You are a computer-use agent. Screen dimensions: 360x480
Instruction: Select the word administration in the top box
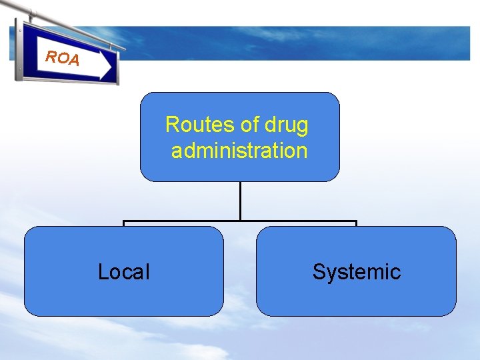coord(239,151)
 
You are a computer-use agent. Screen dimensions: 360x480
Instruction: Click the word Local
coord(123,272)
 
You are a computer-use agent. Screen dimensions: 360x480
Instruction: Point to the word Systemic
coord(356,272)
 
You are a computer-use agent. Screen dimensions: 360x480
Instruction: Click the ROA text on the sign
coord(62,58)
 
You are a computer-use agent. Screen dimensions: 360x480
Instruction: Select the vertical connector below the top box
coord(240,201)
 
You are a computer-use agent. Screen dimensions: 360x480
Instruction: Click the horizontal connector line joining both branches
coord(240,221)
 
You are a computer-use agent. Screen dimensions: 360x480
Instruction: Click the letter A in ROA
coord(73,61)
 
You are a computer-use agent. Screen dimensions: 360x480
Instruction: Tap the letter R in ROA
coord(50,56)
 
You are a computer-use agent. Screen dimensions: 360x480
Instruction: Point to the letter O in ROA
coord(61,58)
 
